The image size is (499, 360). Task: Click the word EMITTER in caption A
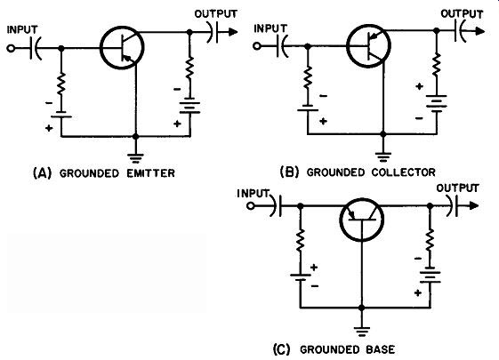pos(150,173)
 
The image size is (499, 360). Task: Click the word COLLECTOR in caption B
pos(403,172)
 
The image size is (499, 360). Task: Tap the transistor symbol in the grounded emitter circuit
pos(122,48)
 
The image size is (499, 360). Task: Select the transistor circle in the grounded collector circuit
pos(368,45)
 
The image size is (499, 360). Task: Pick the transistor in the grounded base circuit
pos(361,220)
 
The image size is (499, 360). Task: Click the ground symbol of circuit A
pos(135,158)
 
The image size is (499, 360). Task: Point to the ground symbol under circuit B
pos(383,156)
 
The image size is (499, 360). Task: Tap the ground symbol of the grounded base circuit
pos(361,332)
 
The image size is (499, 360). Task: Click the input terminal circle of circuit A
pos(11,48)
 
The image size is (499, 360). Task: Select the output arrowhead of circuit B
pos(480,31)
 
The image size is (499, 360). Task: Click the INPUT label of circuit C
pos(253,193)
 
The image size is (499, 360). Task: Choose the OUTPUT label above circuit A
pos(216,14)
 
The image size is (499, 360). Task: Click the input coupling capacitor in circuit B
pos(283,46)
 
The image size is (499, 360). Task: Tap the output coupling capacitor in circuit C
pos(453,205)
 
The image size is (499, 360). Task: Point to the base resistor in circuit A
pos(61,84)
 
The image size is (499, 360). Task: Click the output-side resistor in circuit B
pos(437,65)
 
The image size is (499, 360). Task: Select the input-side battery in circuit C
pos(300,276)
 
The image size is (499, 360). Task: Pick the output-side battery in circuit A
pos(189,108)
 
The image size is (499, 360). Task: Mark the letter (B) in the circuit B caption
pos(289,172)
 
